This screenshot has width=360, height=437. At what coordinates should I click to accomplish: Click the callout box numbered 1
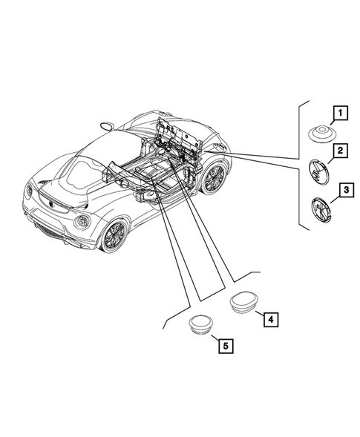pyautogui.click(x=340, y=114)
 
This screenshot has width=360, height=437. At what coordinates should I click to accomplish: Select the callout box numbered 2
pyautogui.click(x=340, y=151)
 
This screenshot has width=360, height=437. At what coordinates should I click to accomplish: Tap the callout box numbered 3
pyautogui.click(x=347, y=190)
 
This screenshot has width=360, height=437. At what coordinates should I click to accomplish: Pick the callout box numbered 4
pyautogui.click(x=271, y=319)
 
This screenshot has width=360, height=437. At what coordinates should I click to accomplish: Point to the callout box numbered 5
pyautogui.click(x=226, y=346)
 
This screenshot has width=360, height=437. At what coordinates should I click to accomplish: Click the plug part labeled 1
pyautogui.click(x=322, y=134)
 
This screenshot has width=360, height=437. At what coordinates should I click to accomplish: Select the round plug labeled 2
pyautogui.click(x=319, y=171)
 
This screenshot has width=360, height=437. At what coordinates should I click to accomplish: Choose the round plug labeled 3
pyautogui.click(x=321, y=209)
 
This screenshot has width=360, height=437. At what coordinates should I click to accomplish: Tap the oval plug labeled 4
pyautogui.click(x=243, y=303)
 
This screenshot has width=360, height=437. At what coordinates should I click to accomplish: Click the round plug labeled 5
pyautogui.click(x=200, y=324)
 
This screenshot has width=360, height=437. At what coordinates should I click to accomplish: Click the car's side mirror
pyautogui.click(x=107, y=125)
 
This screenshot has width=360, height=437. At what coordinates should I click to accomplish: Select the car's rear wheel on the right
pyautogui.click(x=215, y=178)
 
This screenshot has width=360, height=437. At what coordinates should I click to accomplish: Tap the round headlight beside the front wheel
pyautogui.click(x=82, y=221)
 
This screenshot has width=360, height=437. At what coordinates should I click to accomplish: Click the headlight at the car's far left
pyautogui.click(x=29, y=191)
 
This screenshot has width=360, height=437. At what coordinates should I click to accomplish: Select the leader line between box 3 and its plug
pyautogui.click(x=335, y=200)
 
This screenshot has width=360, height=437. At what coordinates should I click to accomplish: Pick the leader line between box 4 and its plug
pyautogui.click(x=260, y=314)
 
